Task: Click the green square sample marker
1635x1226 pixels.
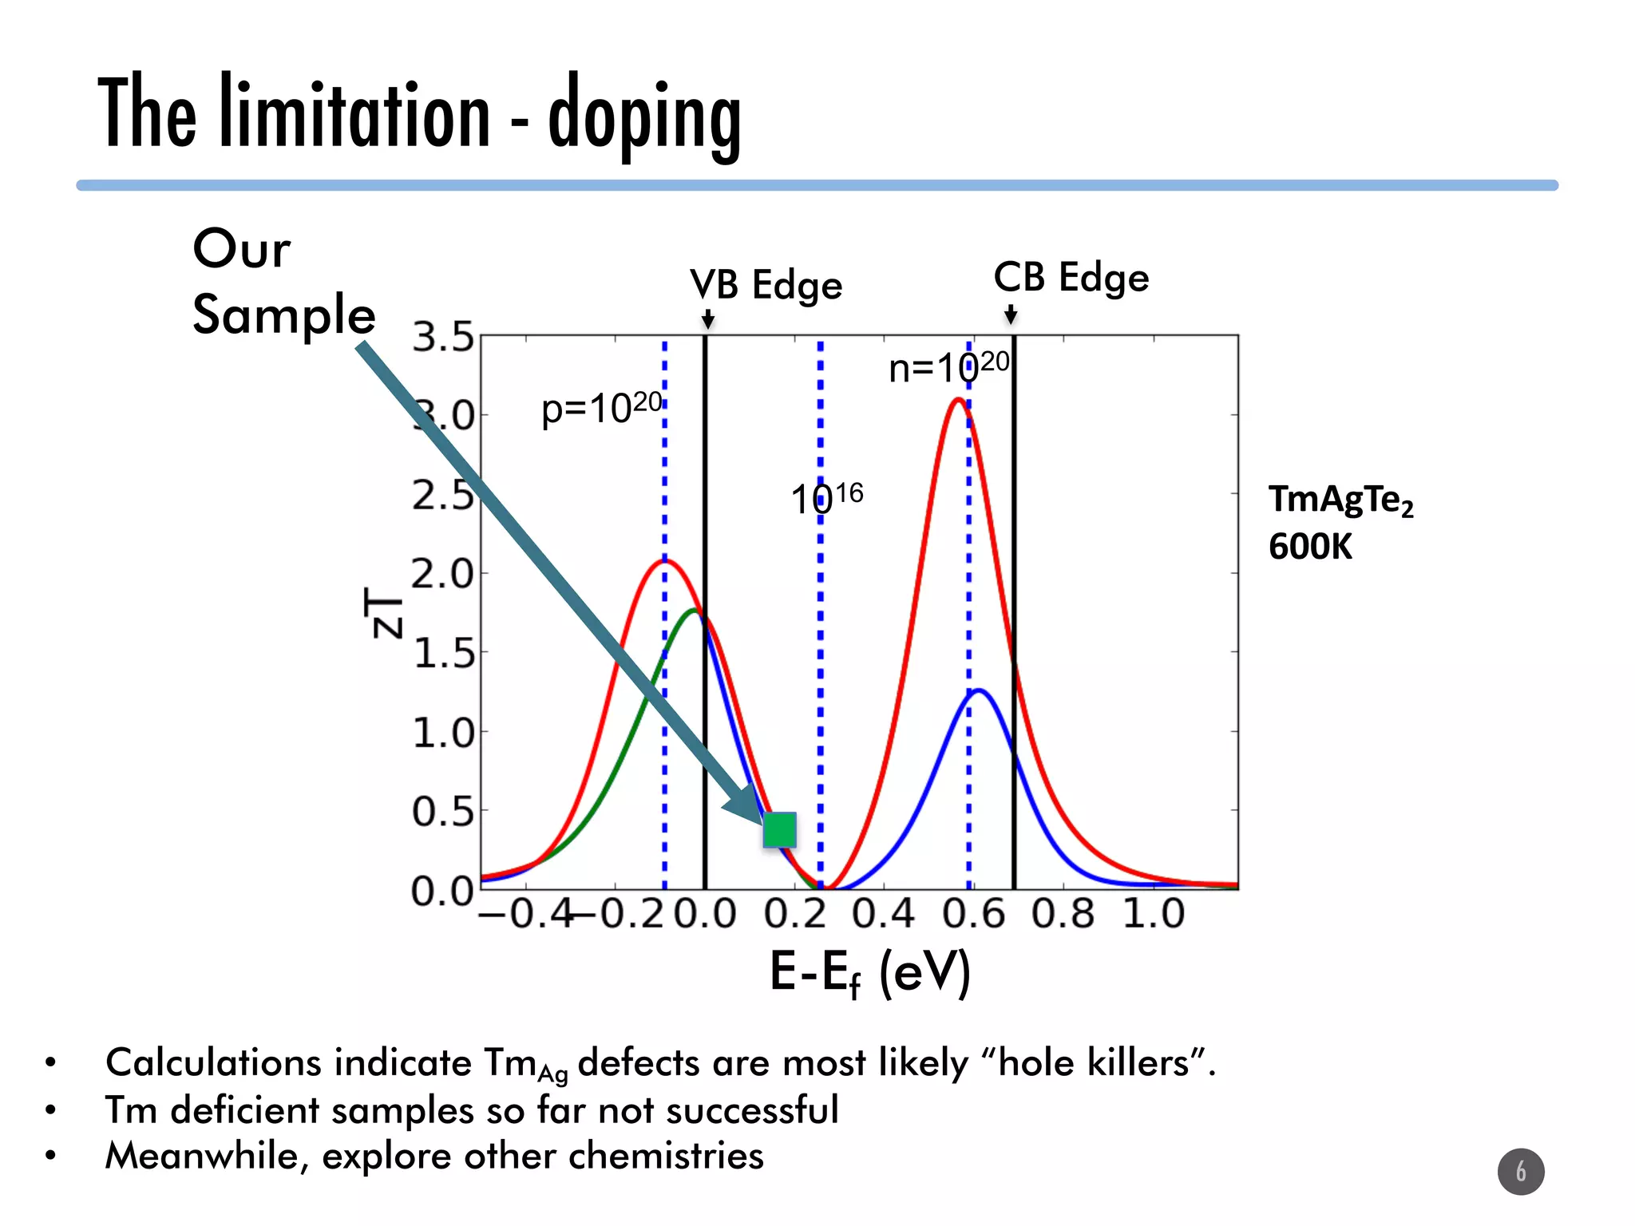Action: (x=779, y=829)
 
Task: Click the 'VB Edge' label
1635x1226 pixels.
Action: (x=766, y=285)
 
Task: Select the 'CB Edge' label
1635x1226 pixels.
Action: (x=1071, y=277)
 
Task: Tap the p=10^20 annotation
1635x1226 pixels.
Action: (x=601, y=409)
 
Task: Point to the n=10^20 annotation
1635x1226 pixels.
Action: (x=948, y=368)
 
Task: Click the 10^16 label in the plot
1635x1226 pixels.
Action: (x=826, y=499)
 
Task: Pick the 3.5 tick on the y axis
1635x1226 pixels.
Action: (x=443, y=338)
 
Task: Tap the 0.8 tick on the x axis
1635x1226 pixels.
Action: (x=1063, y=914)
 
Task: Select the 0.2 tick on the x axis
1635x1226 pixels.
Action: (x=794, y=914)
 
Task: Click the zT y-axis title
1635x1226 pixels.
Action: (x=384, y=612)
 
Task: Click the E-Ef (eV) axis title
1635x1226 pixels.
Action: (x=869, y=972)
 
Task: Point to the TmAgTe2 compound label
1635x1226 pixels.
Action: (x=1340, y=500)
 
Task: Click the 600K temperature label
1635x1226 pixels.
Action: (x=1310, y=548)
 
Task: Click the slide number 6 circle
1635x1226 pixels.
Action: (x=1520, y=1171)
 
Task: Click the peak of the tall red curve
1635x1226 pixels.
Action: (x=957, y=399)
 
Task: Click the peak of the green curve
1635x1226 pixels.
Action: (x=693, y=611)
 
